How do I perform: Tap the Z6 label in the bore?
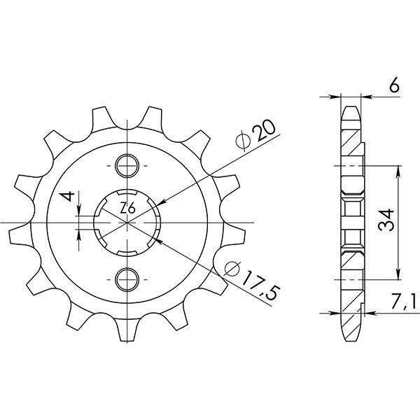(127, 208)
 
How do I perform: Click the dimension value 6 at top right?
(395, 86)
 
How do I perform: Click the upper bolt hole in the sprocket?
(127, 166)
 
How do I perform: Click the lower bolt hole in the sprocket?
(127, 278)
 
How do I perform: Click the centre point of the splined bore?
(127, 222)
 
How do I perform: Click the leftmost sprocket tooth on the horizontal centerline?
(21, 222)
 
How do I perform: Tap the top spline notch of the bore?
(127, 194)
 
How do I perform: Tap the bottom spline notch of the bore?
(127, 251)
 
